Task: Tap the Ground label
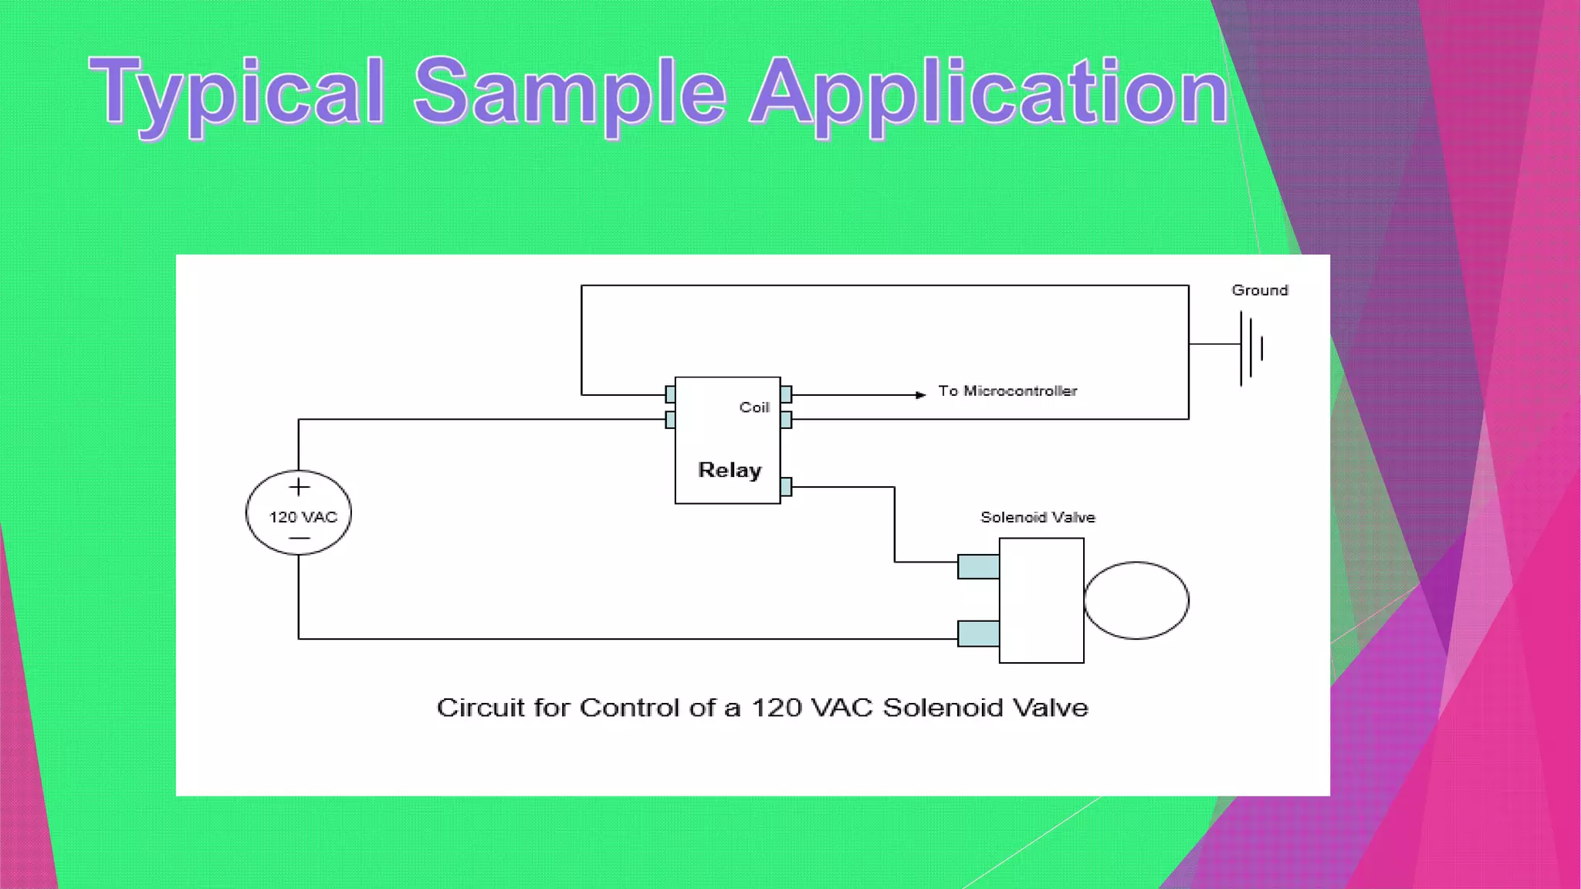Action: pos(1259,290)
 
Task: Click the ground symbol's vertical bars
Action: pos(1251,347)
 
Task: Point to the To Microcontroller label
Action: pos(1007,391)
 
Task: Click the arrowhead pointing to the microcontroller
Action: pos(920,395)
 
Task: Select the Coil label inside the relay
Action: pos(754,407)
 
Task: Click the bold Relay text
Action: pos(730,470)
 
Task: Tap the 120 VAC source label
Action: pos(303,517)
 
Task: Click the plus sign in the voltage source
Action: pos(299,487)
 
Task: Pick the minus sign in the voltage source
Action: pos(299,538)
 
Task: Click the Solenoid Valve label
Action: pos(1038,517)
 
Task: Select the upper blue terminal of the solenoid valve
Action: pos(978,566)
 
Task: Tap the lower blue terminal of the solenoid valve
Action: pos(978,634)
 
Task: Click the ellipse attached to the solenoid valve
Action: pos(1136,600)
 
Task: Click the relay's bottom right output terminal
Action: pos(786,487)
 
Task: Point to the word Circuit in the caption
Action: pos(480,708)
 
